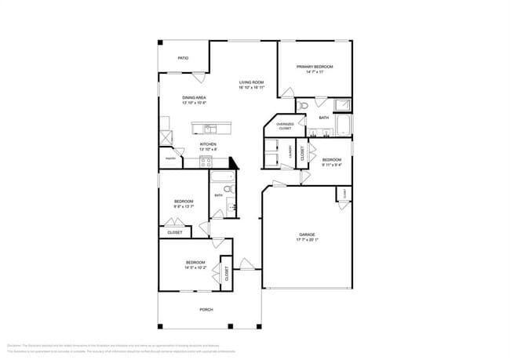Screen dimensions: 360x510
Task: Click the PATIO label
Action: coord(183,58)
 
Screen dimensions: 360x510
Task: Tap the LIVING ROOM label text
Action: coord(251,82)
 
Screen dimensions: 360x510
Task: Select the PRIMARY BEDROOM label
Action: coord(315,67)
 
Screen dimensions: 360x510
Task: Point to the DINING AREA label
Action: coord(194,97)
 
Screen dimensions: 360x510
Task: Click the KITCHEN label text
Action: coord(207,144)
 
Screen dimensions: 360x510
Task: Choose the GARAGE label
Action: coord(306,235)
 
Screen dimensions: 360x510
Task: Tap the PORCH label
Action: coord(206,309)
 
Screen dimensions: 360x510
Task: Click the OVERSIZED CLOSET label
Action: coord(285,125)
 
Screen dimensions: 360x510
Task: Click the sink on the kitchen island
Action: coord(209,128)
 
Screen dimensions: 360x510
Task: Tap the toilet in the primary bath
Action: coord(303,105)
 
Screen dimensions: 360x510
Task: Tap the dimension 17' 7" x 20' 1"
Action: coord(306,241)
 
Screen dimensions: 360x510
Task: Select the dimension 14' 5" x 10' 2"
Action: coord(195,267)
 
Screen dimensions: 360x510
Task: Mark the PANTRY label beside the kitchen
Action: coord(170,158)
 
